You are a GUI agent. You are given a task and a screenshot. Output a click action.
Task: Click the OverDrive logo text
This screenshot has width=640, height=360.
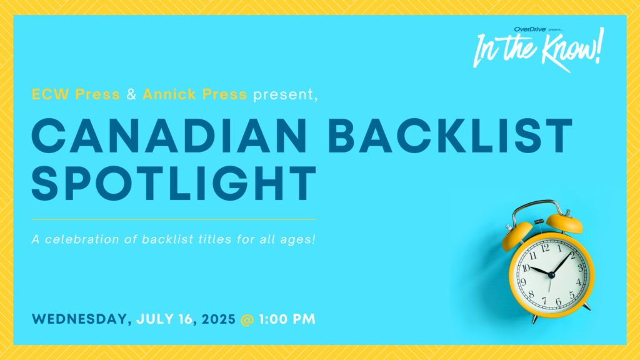(530, 29)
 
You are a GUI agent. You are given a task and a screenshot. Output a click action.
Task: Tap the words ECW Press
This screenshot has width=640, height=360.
(76, 94)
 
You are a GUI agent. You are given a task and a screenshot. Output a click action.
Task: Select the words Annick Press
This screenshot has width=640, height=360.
(195, 94)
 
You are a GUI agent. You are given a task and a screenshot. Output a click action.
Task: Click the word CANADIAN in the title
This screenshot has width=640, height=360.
(169, 136)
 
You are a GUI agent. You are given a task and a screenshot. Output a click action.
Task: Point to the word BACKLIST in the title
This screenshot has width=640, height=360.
(451, 136)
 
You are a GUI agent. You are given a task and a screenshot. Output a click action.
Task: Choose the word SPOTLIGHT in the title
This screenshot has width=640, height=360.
(174, 184)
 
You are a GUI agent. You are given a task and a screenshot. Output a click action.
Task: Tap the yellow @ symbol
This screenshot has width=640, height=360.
(247, 319)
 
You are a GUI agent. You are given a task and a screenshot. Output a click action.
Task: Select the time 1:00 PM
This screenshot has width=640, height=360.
(287, 319)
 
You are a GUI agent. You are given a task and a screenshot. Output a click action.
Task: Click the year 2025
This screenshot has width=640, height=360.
(219, 319)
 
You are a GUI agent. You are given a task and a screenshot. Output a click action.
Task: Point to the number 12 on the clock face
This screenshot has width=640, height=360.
(545, 248)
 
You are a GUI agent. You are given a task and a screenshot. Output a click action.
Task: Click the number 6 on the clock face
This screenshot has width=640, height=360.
(558, 302)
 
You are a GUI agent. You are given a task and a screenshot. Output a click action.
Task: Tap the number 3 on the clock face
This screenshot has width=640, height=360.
(580, 268)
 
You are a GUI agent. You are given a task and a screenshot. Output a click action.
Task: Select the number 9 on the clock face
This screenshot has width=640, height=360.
(523, 282)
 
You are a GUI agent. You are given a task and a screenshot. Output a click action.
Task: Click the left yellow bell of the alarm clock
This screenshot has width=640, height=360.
(517, 236)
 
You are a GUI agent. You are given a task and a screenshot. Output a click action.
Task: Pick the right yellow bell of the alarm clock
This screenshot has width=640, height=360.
(564, 223)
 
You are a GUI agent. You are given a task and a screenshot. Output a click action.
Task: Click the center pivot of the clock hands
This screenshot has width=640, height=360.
(551, 276)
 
